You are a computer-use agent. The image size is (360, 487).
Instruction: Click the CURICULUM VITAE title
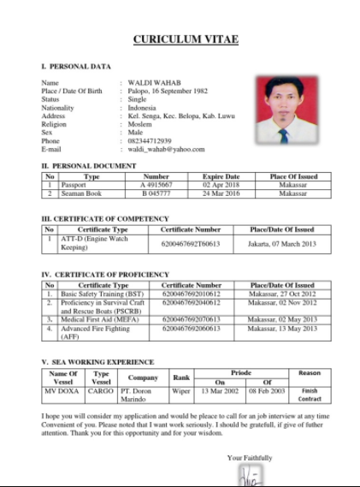coord(186,39)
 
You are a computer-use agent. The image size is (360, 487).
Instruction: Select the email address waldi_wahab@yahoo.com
coord(167,150)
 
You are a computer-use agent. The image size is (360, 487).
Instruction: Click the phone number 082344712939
coord(150,141)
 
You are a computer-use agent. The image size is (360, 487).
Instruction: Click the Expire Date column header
coord(221,176)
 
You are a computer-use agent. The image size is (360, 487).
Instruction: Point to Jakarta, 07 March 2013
coord(281,244)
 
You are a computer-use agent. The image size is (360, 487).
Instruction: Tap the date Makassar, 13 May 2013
coord(281,328)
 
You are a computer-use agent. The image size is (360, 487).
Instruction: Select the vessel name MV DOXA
coord(62,390)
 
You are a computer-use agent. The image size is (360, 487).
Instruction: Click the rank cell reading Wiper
coord(181,390)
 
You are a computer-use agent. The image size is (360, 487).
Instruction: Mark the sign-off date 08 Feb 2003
coord(266,390)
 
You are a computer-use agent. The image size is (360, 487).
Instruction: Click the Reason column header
coord(310,373)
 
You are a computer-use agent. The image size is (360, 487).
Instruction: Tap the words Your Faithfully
coord(250,459)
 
